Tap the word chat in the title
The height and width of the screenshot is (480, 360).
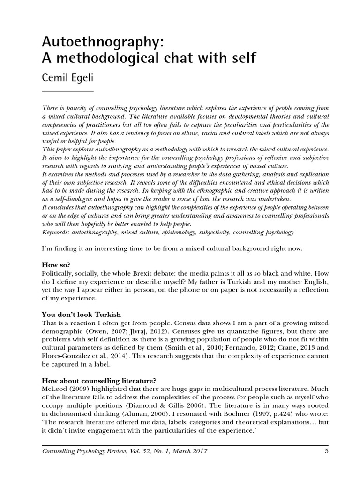172,60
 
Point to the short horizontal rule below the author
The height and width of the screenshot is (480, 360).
67,91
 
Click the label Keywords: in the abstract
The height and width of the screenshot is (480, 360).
57,232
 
